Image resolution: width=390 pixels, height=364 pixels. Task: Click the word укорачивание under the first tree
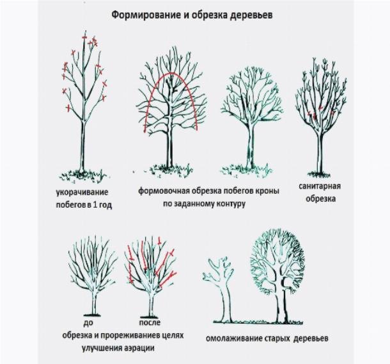(x=81, y=192)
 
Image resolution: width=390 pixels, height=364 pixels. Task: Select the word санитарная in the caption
(x=319, y=186)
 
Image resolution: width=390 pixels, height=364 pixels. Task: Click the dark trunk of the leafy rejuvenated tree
(x=280, y=301)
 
